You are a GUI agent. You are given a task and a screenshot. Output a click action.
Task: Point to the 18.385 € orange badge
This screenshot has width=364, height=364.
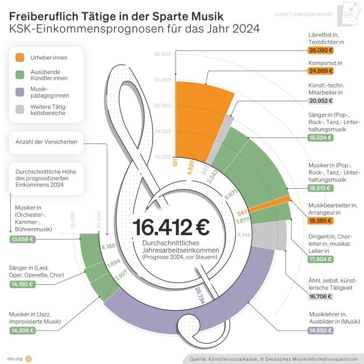click(321, 221)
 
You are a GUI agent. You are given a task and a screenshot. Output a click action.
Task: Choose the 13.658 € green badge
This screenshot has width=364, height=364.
click(23, 239)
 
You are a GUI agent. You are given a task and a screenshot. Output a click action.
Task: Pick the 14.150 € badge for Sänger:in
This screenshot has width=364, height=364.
click(23, 283)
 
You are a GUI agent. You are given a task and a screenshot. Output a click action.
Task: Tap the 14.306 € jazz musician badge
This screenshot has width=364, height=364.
click(23, 330)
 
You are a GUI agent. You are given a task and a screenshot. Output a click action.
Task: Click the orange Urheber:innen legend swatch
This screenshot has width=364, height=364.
click(19, 56)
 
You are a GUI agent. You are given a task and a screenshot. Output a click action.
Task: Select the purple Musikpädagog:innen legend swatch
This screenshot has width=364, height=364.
click(19, 92)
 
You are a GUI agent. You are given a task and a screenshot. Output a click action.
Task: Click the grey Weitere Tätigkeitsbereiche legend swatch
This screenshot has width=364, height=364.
click(19, 110)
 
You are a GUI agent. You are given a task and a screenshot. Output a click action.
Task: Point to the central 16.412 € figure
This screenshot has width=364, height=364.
click(171, 227)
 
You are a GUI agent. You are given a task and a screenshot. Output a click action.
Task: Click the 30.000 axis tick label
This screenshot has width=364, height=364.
click(162, 54)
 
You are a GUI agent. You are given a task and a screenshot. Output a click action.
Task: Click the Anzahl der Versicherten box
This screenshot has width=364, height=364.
click(46, 142)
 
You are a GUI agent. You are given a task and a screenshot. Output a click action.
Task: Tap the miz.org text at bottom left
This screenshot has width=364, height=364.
click(14, 358)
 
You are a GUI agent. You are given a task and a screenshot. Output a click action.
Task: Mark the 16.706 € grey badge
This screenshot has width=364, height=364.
click(321, 296)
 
